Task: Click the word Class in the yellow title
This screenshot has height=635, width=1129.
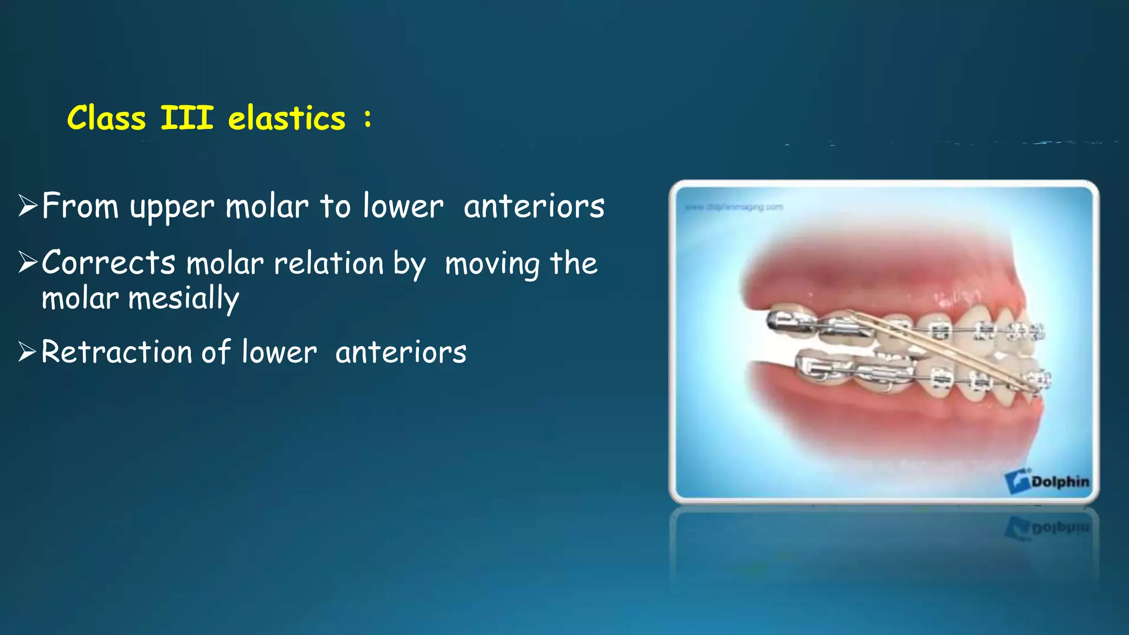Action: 106,119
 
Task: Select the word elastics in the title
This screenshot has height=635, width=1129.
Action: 287,119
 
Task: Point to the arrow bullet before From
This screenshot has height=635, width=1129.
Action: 28,206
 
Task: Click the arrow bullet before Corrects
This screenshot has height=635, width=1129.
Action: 28,262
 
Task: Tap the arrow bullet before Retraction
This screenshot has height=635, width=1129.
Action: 28,352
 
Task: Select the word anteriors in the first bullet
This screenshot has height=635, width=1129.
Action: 534,207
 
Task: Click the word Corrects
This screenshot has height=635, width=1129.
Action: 109,262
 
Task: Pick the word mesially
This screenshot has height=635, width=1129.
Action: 184,299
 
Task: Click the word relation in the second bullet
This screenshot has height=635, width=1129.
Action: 329,263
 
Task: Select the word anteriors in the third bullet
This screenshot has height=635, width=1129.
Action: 401,353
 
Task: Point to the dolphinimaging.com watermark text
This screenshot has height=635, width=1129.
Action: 733,207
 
